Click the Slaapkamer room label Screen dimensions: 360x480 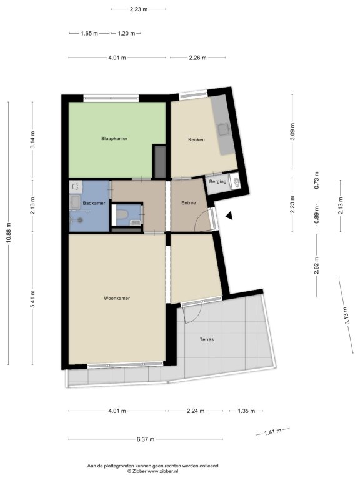[114, 139]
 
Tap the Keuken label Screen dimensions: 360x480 [196, 140]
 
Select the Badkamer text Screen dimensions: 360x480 [94, 203]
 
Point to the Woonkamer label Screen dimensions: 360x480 [117, 299]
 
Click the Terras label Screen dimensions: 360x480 [207, 339]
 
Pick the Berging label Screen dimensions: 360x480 [217, 181]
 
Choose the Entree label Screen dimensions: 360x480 [189, 203]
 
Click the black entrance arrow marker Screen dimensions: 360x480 [229, 216]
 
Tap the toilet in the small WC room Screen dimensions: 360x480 [122, 214]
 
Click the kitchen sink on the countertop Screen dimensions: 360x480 [224, 130]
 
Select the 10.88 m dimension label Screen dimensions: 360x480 [9, 232]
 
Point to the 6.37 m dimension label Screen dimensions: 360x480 [146, 439]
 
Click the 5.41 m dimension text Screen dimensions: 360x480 [32, 299]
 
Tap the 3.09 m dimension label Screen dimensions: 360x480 [292, 132]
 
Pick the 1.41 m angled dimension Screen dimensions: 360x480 [272, 432]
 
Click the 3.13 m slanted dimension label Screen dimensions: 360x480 [346, 316]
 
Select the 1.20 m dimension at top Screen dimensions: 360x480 [126, 34]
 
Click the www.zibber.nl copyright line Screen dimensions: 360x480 [152, 471]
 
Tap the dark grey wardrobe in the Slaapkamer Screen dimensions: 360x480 [159, 162]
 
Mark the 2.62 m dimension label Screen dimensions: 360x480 [316, 266]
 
